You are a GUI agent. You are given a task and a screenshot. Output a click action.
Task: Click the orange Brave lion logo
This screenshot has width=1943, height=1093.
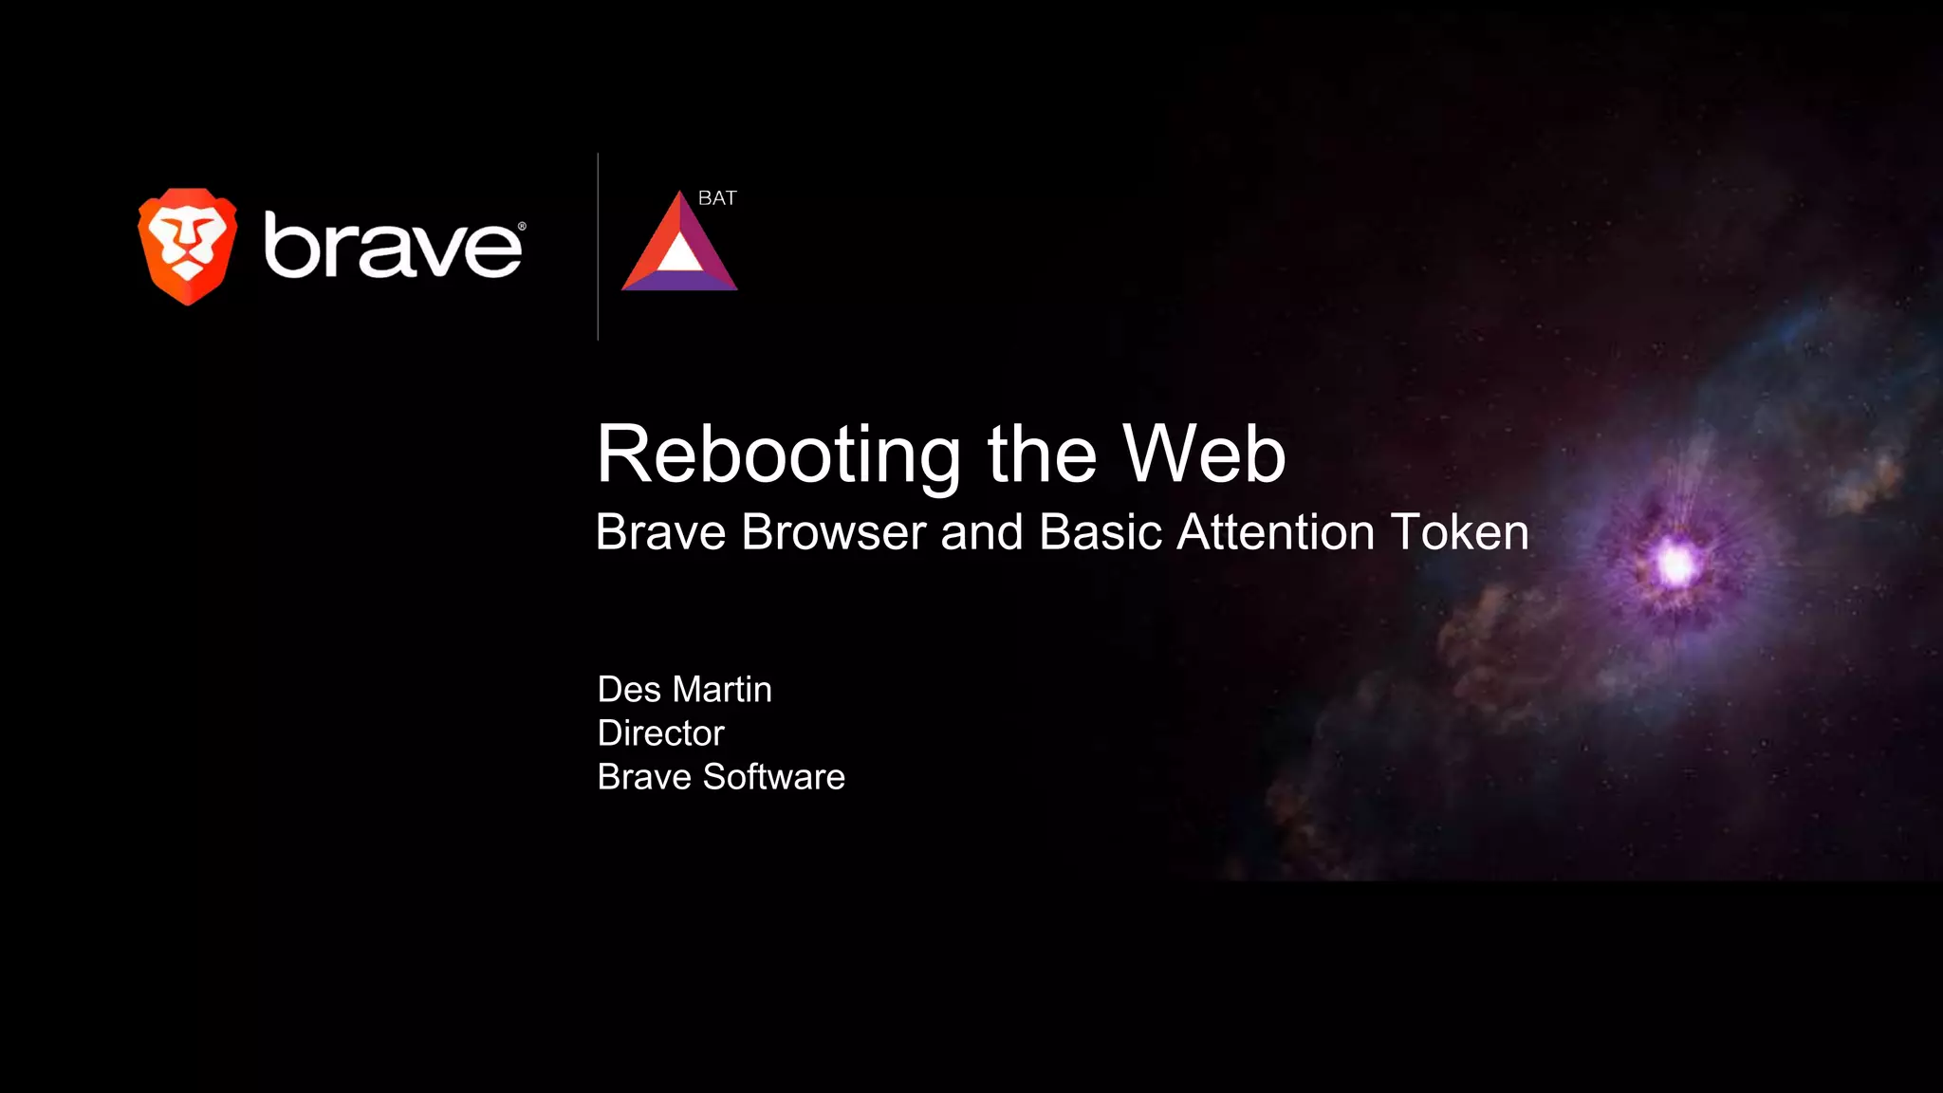188,246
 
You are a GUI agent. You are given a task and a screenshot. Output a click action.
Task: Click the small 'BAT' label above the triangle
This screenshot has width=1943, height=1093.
717,198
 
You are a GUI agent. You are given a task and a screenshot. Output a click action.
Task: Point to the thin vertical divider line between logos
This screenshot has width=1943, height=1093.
598,247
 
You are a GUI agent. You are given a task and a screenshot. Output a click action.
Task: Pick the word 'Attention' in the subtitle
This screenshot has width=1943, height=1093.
1275,532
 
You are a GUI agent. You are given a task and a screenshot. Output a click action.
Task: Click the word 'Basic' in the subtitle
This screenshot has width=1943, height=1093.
1101,532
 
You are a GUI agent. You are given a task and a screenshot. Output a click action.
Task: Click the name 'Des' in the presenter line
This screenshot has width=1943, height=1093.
629,690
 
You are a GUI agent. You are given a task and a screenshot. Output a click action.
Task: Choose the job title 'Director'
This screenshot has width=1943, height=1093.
660,733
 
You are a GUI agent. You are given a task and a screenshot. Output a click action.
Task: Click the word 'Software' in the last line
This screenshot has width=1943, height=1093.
773,777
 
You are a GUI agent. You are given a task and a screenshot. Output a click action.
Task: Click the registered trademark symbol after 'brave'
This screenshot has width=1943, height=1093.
522,227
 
